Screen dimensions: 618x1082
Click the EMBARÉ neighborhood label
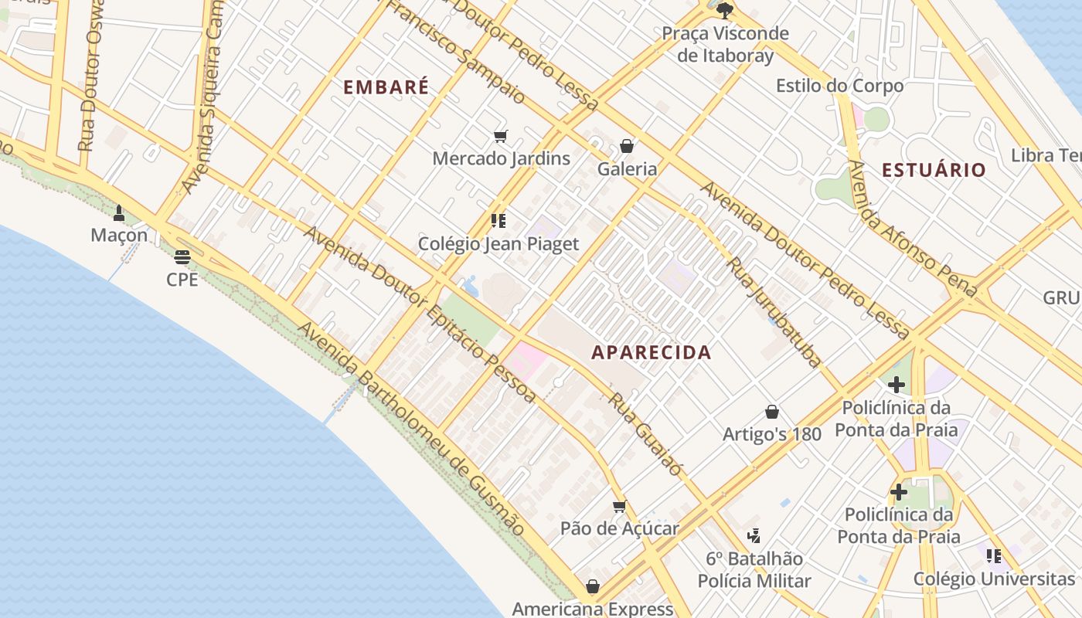click(386, 87)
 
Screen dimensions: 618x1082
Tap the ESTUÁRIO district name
click(934, 170)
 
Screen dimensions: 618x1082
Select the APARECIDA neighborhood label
click(651, 352)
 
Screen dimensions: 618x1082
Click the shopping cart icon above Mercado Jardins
click(500, 137)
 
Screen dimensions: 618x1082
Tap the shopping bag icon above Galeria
click(626, 146)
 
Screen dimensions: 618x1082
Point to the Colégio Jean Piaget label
click(498, 244)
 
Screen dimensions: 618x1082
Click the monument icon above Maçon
click(119, 212)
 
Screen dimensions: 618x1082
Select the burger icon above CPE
click(182, 257)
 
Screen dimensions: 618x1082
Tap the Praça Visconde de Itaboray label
click(725, 44)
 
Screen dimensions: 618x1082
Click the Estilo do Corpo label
click(839, 85)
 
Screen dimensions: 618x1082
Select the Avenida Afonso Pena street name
click(912, 229)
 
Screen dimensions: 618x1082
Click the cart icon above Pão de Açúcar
click(619, 507)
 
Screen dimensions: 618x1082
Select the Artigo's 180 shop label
click(771, 434)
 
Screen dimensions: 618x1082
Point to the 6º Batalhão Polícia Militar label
click(754, 569)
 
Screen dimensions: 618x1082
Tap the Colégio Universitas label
click(994, 579)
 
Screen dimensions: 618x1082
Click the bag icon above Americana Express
click(593, 587)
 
